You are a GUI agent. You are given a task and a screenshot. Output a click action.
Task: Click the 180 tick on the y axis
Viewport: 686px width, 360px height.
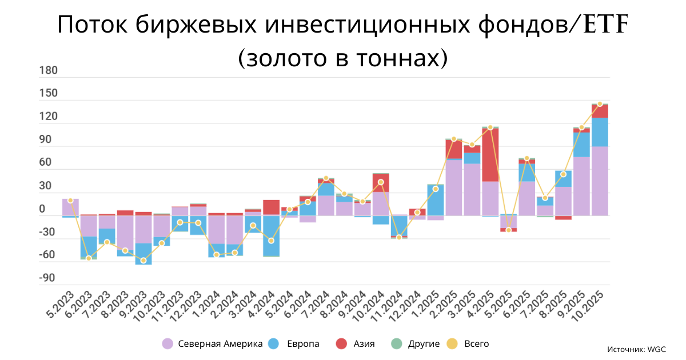click(49, 71)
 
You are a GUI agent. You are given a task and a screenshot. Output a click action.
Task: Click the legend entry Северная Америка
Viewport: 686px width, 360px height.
click(213, 343)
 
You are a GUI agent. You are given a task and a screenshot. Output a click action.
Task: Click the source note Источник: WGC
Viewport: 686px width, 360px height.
click(637, 349)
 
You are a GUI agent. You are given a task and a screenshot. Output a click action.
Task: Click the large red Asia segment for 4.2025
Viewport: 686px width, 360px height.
click(490, 154)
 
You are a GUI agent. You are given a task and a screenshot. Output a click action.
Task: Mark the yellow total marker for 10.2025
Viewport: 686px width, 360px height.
click(600, 104)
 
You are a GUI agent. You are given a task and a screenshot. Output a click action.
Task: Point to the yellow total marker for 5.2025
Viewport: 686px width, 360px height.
click(508, 230)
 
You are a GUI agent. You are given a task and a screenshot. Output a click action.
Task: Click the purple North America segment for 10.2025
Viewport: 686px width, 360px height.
click(600, 181)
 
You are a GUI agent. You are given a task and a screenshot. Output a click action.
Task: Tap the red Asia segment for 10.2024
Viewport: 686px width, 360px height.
click(381, 182)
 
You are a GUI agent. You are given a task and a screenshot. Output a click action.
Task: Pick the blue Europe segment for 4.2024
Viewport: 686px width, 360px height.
click(271, 235)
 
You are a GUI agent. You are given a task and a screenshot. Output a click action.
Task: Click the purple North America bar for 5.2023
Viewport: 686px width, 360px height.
click(70, 207)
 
